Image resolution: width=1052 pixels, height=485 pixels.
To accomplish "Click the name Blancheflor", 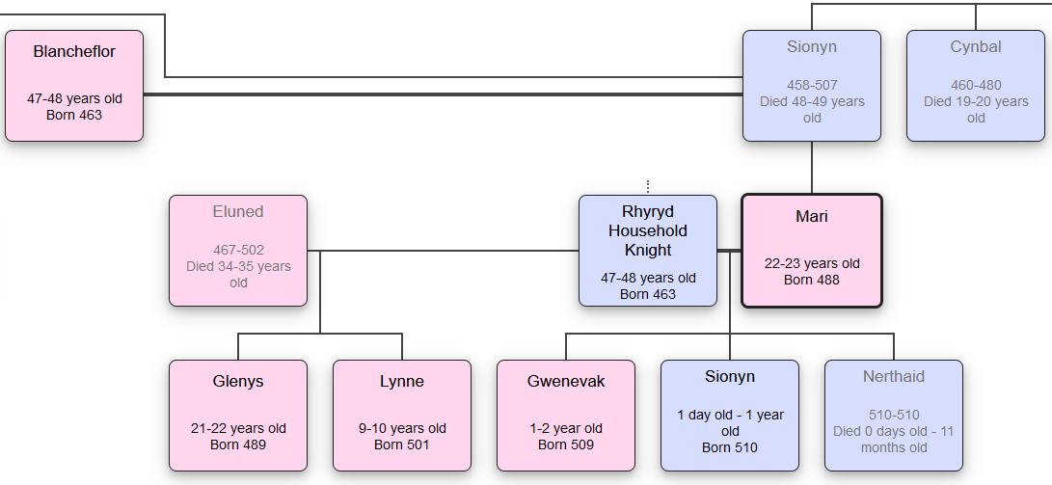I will (74, 51).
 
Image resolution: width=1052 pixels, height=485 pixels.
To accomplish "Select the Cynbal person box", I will (976, 86).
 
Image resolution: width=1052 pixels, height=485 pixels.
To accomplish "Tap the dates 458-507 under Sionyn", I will (812, 85).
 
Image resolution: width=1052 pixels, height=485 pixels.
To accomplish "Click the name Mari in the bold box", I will (812, 216).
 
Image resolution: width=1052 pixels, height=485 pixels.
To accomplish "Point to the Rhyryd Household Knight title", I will (648, 230).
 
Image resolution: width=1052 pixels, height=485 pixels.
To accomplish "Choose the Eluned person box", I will (238, 251).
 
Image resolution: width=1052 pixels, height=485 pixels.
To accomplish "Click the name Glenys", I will (238, 381).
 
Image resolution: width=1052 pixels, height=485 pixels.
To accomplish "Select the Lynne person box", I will (402, 416).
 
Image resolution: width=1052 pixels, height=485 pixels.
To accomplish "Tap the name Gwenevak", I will (566, 381).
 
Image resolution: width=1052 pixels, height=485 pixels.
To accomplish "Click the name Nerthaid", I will (894, 376).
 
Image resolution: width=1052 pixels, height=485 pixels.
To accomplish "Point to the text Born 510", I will (730, 447).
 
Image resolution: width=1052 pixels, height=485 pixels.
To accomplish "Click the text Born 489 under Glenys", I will (238, 445).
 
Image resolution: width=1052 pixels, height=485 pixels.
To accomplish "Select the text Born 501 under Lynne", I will (402, 445).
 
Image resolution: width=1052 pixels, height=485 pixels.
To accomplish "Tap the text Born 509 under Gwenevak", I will (566, 445).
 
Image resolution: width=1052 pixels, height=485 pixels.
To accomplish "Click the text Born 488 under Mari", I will (812, 280).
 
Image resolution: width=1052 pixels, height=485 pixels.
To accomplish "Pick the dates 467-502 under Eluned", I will (238, 250).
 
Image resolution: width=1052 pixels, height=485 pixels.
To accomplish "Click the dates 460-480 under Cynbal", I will (976, 85).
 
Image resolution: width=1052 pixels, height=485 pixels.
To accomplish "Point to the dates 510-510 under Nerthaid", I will (894, 415).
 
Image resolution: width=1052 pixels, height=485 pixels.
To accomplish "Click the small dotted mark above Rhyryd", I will (648, 186).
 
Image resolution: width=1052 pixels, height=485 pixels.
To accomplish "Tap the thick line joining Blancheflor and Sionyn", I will (444, 94).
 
